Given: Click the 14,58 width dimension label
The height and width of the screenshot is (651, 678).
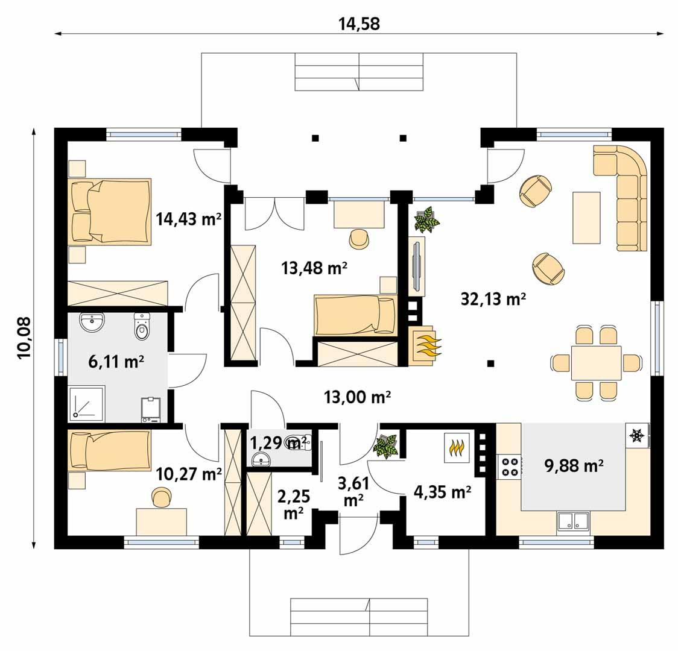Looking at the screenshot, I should coord(360,24).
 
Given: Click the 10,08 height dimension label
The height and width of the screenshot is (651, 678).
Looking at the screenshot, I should coord(25,338).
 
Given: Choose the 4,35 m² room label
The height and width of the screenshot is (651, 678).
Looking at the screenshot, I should coord(442,492).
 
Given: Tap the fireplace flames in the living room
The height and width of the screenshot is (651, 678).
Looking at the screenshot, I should coord(427,345).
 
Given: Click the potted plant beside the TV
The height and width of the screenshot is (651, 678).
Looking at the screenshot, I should coord(427,219).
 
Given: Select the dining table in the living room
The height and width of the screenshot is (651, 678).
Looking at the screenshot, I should coord(596,363).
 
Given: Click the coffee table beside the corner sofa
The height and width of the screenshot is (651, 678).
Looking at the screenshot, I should coord(586,218).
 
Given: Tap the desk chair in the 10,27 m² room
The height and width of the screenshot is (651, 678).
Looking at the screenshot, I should coord(161,498).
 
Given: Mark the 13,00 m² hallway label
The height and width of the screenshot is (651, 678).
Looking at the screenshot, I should coord(358,397).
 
